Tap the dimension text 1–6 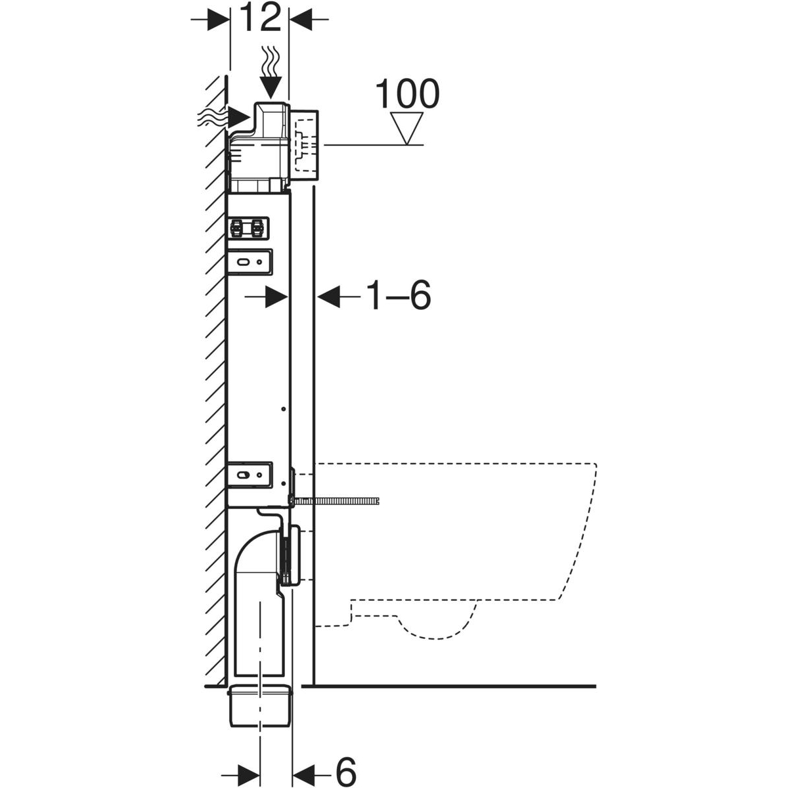[398, 297]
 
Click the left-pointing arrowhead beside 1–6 [328, 297]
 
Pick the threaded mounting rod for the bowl [341, 502]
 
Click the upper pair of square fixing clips [248, 229]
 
